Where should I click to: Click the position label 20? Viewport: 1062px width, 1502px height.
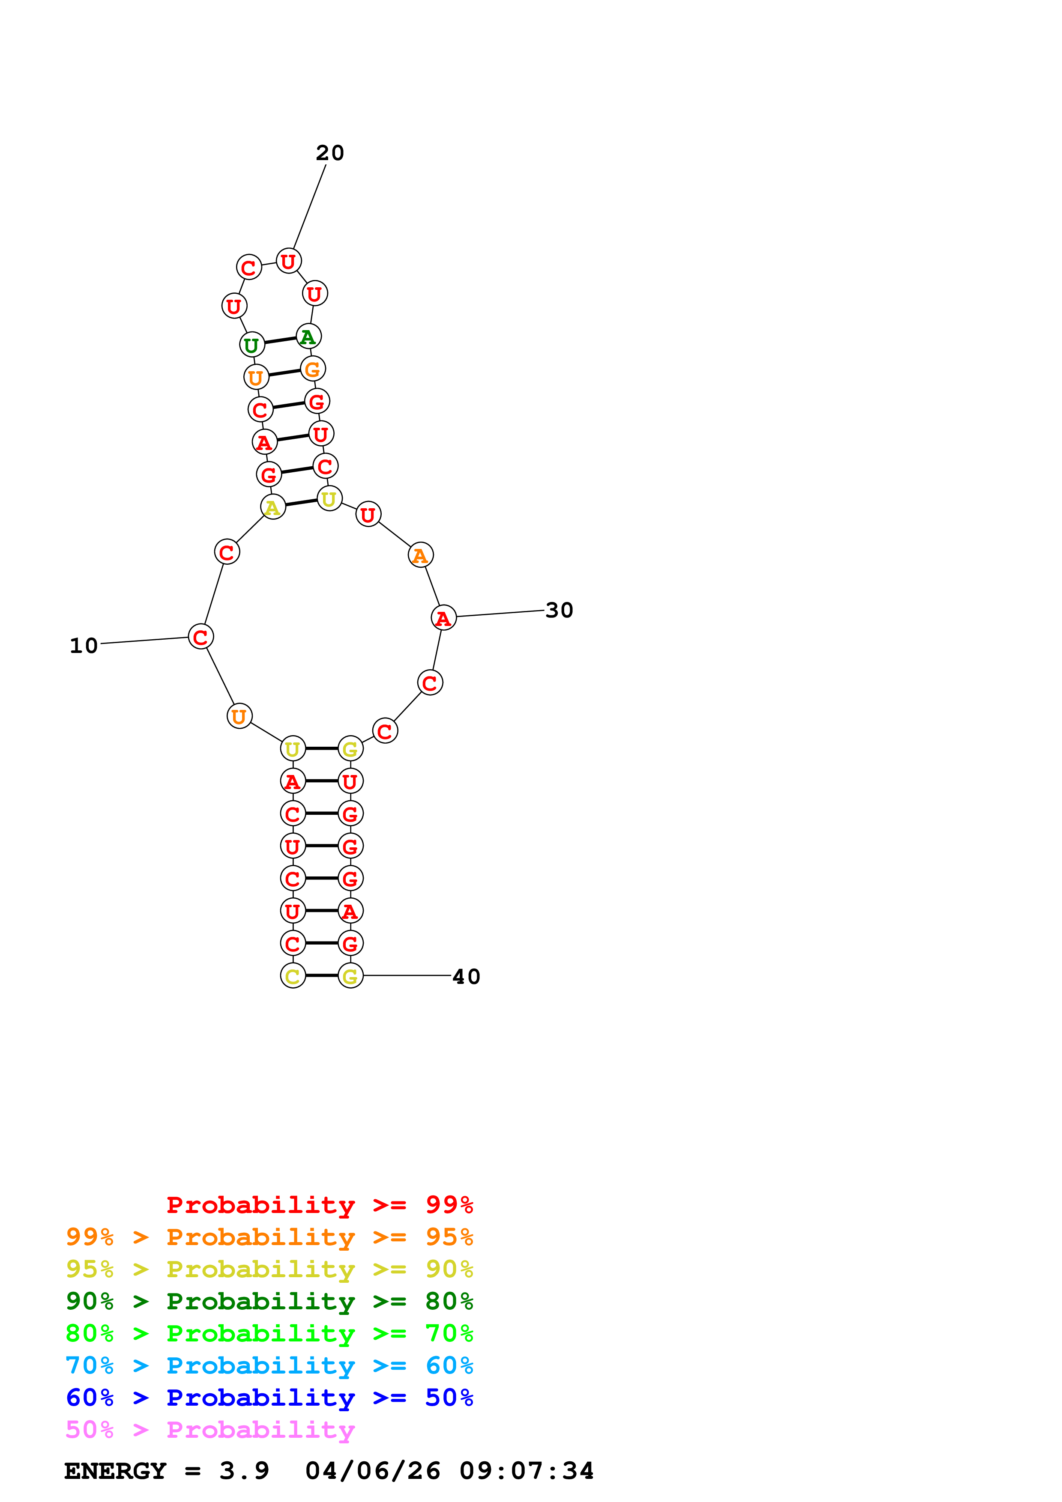point(330,153)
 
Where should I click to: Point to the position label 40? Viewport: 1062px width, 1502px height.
point(466,977)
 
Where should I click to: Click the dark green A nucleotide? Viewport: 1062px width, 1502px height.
point(308,337)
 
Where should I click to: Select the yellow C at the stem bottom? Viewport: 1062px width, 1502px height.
point(293,976)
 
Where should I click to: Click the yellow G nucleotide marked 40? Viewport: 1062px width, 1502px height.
point(350,976)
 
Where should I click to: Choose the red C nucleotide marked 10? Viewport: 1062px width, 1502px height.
point(200,637)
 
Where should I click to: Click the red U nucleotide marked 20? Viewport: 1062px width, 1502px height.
point(289,261)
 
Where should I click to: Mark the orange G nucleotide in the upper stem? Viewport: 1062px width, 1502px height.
point(313,369)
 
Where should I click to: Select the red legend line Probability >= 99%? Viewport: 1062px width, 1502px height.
point(319,1205)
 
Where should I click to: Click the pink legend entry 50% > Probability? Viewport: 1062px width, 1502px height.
point(210,1430)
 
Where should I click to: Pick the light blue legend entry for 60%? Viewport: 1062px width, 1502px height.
point(269,1366)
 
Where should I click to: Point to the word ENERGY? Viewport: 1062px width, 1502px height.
point(115,1471)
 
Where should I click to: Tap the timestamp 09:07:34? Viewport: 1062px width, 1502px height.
point(527,1471)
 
